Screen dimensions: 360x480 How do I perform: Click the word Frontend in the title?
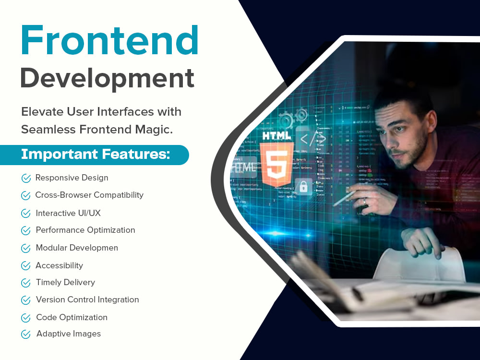[x=109, y=41]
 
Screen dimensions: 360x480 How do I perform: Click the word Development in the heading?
[x=107, y=78]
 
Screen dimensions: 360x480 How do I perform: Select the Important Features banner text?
[x=95, y=155]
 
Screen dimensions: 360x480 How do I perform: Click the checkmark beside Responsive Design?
[x=26, y=179]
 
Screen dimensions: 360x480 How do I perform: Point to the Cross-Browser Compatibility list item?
[x=89, y=195]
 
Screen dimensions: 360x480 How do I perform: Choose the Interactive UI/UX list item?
[x=68, y=213]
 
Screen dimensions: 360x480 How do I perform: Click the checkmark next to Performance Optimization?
[x=26, y=231]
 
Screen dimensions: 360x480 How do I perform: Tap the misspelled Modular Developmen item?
[x=77, y=248]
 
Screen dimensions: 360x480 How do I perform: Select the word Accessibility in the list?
[x=59, y=265]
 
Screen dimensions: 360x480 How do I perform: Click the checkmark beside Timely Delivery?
[x=26, y=283]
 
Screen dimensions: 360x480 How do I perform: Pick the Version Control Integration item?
[x=87, y=300]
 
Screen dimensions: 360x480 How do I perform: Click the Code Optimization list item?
[x=72, y=317]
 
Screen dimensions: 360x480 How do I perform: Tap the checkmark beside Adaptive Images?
[x=26, y=335]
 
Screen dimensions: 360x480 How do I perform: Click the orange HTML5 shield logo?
[x=276, y=159]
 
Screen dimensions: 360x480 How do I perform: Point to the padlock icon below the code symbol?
[x=303, y=186]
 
